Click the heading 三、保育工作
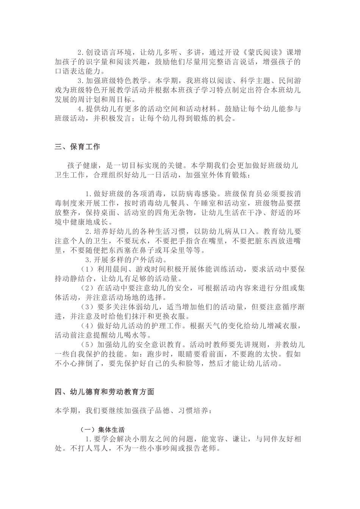(x=77, y=147)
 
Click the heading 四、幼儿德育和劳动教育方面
(x=104, y=392)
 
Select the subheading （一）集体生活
(x=102, y=429)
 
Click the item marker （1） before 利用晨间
(x=88, y=269)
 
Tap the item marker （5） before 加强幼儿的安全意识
(x=88, y=345)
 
